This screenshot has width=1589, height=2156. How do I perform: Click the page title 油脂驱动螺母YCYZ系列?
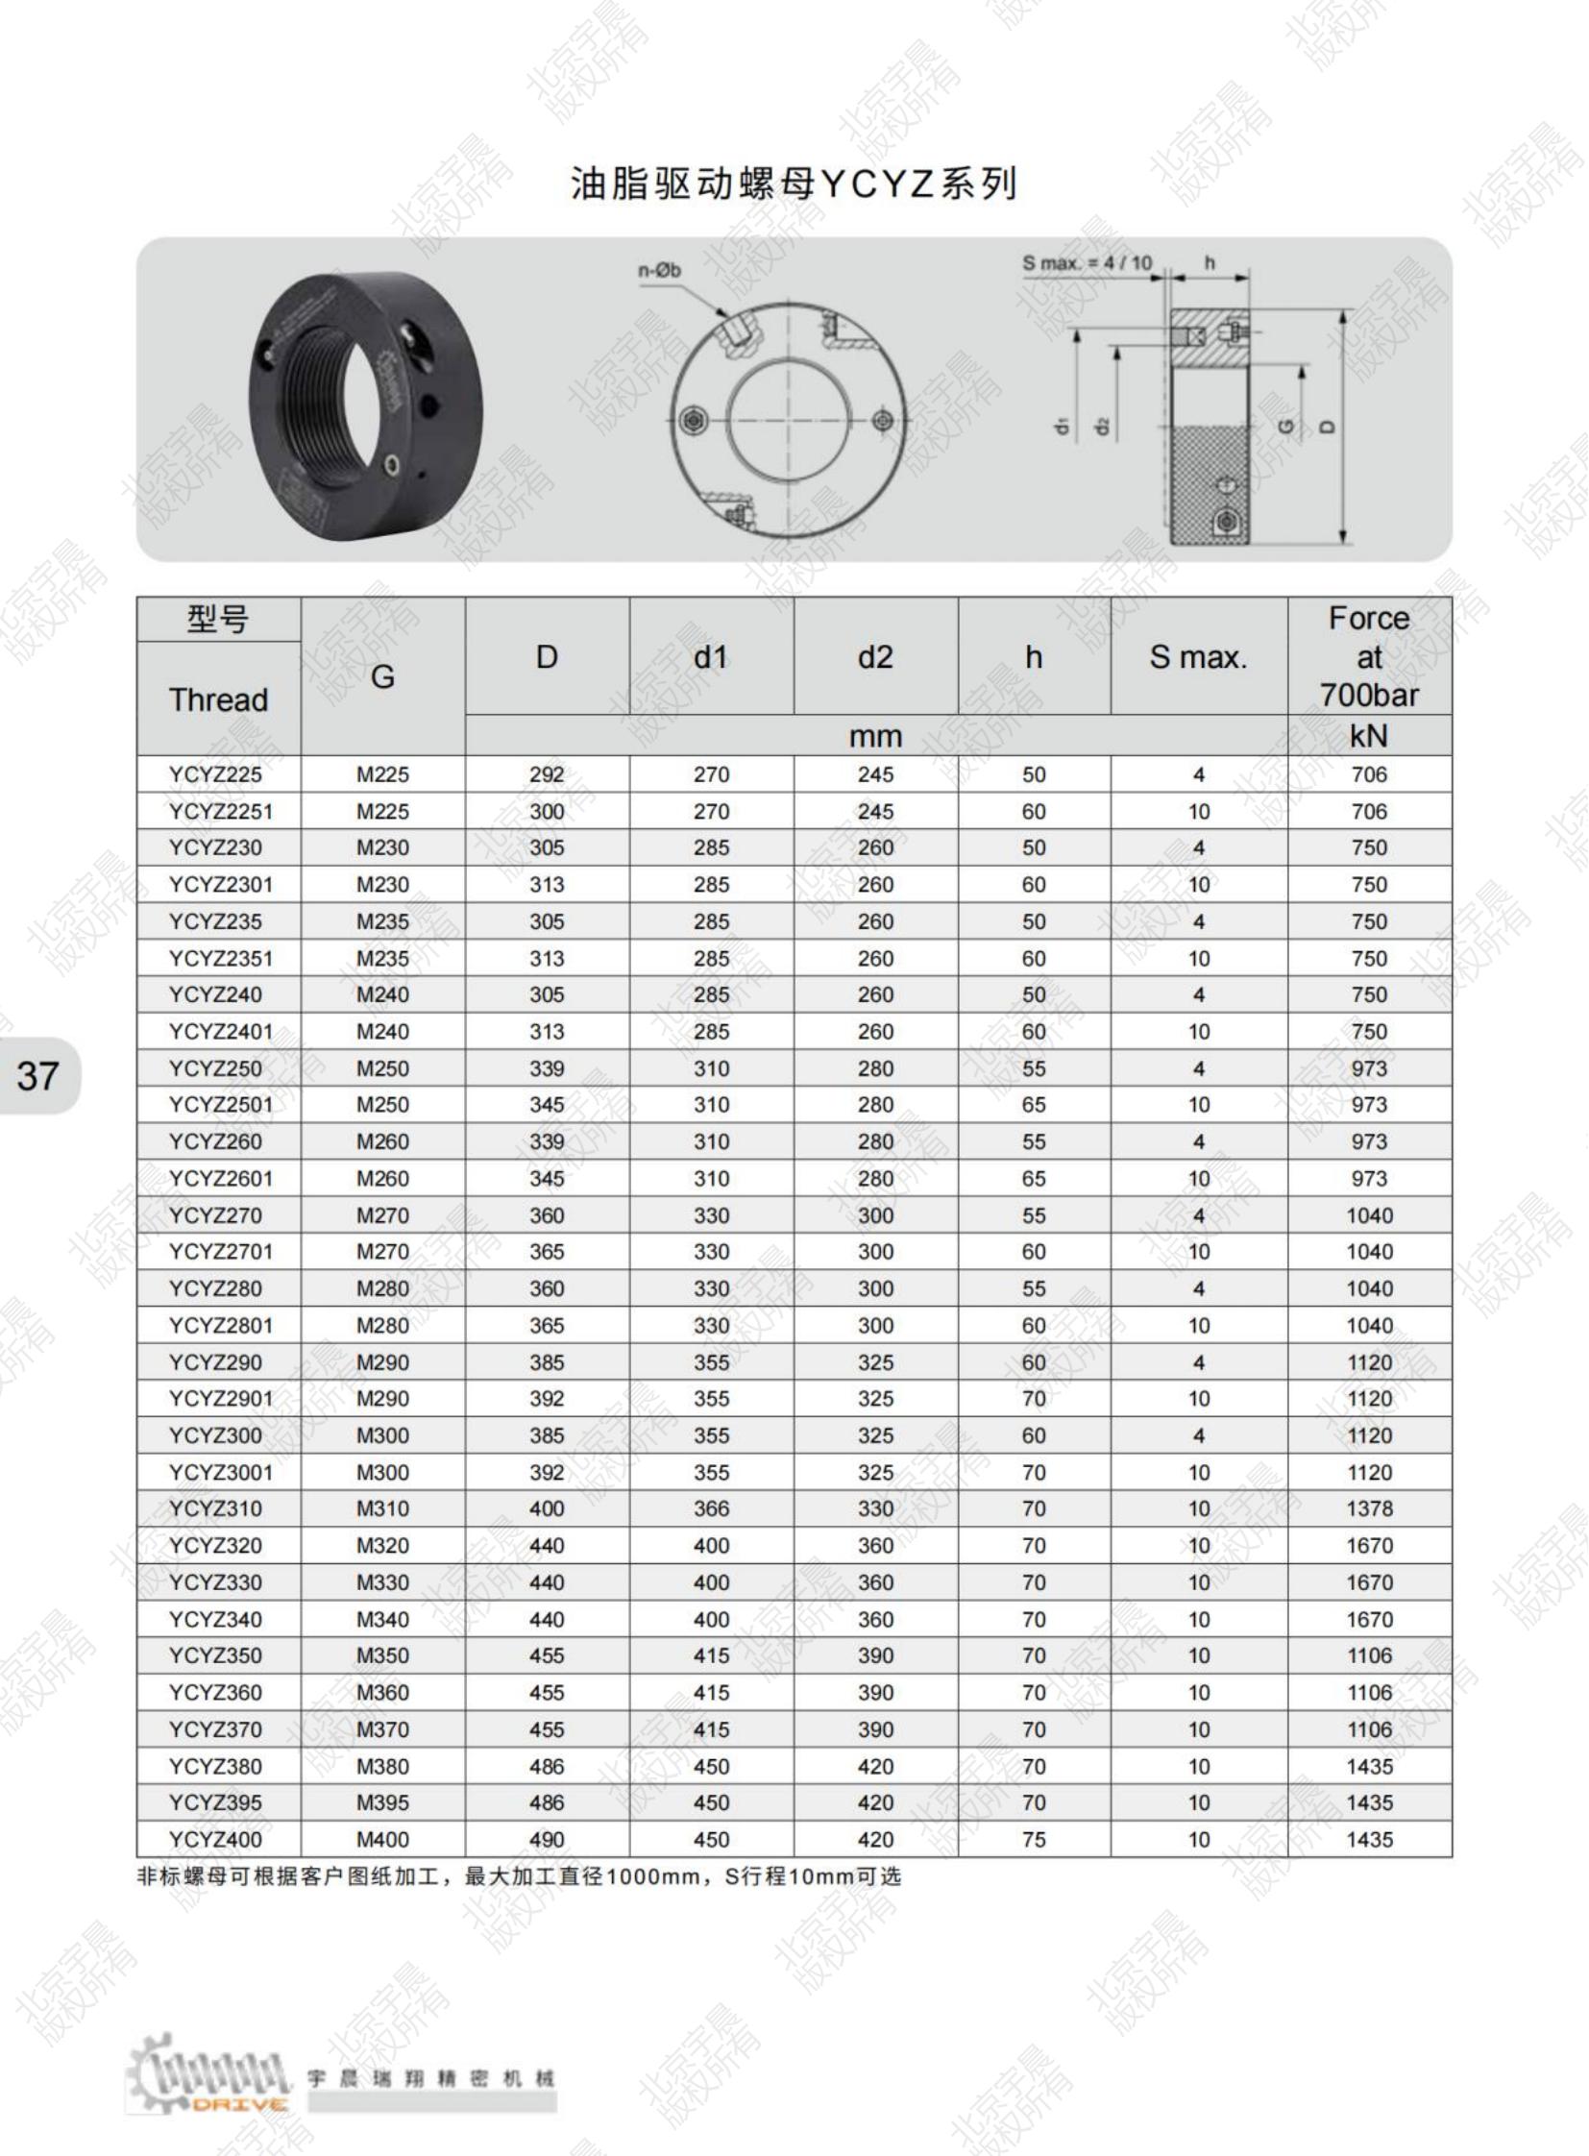[x=794, y=183]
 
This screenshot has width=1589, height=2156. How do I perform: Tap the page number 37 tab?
[x=38, y=1075]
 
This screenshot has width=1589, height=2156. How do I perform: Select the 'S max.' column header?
[x=1199, y=657]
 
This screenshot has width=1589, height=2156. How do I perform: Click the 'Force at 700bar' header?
[x=1369, y=656]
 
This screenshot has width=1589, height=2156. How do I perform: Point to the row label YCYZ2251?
[x=220, y=812]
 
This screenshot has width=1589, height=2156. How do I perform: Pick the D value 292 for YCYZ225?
[x=547, y=774]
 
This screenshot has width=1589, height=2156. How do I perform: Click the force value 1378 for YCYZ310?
[x=1369, y=1508]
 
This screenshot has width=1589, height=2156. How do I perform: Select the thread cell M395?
[x=382, y=1803]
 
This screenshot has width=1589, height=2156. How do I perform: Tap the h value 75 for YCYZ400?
[x=1034, y=1840]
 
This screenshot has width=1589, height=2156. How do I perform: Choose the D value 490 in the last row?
[x=547, y=1840]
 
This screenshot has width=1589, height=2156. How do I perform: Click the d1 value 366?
[x=712, y=1508]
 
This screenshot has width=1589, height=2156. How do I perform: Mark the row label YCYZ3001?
[x=220, y=1472]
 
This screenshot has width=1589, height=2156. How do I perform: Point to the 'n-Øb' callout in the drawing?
[x=659, y=271]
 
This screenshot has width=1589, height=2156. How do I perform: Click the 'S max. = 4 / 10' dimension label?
[x=1087, y=262]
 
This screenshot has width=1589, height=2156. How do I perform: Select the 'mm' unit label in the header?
[x=875, y=736]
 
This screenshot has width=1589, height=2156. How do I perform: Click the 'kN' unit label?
[x=1369, y=736]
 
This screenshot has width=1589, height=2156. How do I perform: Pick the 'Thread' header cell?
[x=218, y=699]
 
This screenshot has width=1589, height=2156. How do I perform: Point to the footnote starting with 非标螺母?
[x=520, y=1877]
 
